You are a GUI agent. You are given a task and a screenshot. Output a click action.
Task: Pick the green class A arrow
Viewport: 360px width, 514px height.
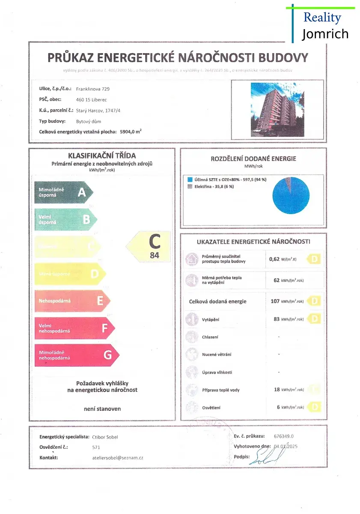point(62,192)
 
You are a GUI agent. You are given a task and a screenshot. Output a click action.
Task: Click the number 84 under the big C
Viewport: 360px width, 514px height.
point(155,256)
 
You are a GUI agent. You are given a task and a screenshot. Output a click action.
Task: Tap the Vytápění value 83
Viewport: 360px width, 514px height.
point(277,319)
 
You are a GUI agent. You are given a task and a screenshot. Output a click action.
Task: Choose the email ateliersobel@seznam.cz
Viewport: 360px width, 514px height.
point(117,457)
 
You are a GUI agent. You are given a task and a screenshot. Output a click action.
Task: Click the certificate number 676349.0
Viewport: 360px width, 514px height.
point(284,436)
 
